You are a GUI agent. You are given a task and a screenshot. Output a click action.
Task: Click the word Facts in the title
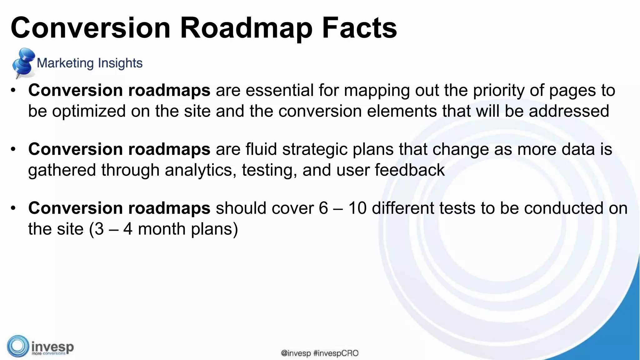tap(359, 28)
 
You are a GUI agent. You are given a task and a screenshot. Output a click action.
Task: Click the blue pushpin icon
tap(22, 62)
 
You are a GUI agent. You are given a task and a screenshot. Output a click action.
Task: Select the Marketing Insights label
tap(89, 63)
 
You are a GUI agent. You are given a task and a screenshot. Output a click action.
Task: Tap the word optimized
tap(89, 112)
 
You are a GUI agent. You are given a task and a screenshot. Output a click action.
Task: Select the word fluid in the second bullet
tap(261, 149)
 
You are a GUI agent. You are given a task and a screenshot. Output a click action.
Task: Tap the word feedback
tap(409, 170)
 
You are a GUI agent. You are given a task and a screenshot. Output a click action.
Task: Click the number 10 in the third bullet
tap(357, 208)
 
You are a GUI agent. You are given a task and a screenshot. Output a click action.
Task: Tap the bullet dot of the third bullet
tap(13, 208)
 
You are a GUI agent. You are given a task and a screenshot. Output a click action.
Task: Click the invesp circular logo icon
tap(18, 346)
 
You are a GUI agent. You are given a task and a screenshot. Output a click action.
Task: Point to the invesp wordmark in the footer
tap(52, 347)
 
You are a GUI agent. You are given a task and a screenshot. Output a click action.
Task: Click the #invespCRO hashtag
tap(336, 353)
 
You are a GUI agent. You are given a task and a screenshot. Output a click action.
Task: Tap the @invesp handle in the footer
tap(296, 353)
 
